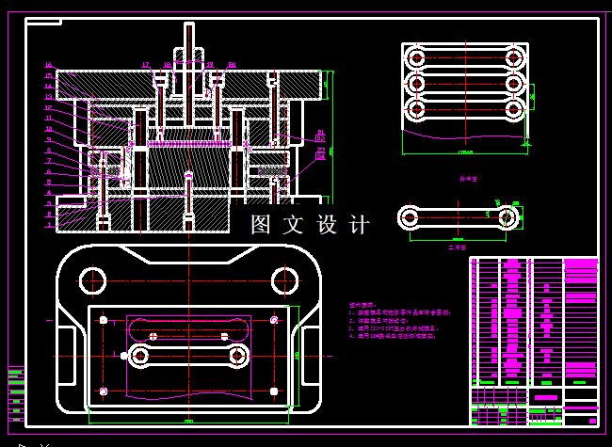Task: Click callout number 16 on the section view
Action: coord(49,65)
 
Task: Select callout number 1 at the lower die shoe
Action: coord(49,225)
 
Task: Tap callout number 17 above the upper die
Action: coord(146,64)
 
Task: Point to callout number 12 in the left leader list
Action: coord(49,107)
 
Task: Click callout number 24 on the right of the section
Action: coord(320,156)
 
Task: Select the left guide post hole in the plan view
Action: coord(93,279)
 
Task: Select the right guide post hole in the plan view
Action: coord(284,279)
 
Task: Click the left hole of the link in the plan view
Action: coord(141,356)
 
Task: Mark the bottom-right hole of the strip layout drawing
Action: coord(514,110)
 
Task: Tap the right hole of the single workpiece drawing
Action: coord(507,217)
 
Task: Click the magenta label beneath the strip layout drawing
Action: coord(468,177)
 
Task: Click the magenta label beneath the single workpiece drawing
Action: coord(457,247)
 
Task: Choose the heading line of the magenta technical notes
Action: coord(362,305)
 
